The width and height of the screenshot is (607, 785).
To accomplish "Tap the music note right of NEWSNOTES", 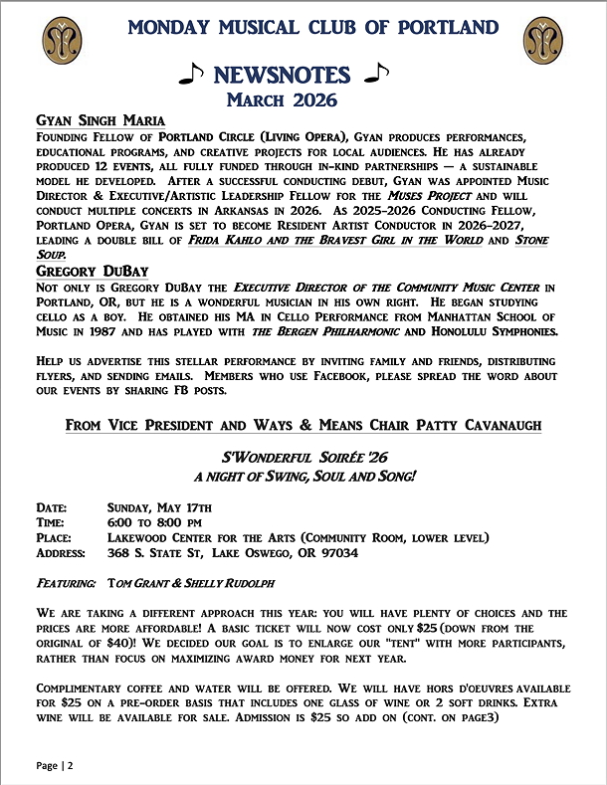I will [x=377, y=73].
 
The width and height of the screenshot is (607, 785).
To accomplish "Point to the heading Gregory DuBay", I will [x=91, y=270].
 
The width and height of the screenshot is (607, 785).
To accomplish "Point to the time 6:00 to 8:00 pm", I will [x=154, y=522].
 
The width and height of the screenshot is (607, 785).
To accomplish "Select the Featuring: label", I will [x=67, y=581].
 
